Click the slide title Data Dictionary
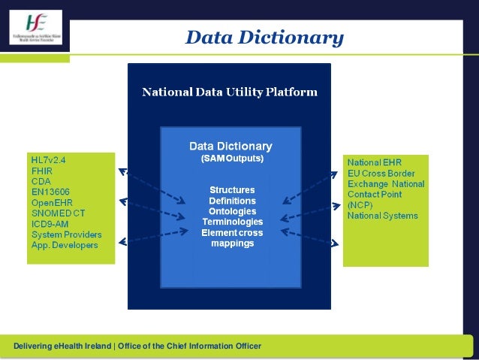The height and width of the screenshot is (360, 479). pyautogui.click(x=264, y=38)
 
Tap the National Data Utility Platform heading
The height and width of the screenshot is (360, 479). pyautogui.click(x=230, y=92)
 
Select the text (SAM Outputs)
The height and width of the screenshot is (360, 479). pyautogui.click(x=231, y=159)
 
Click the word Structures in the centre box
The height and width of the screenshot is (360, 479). pyautogui.click(x=231, y=189)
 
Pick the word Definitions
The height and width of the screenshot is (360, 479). pyautogui.click(x=231, y=201)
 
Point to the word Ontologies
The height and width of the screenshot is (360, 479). pyautogui.click(x=231, y=211)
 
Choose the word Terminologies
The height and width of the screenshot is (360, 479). pyautogui.click(x=231, y=222)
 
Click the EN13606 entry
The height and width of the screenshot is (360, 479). pyautogui.click(x=48, y=192)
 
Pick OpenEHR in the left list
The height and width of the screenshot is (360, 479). pyautogui.click(x=50, y=203)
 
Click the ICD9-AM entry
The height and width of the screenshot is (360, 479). pyautogui.click(x=50, y=224)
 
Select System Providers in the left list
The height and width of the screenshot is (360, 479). pyautogui.click(x=66, y=234)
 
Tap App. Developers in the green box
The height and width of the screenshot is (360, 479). pyautogui.click(x=64, y=245)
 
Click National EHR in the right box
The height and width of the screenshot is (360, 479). pyautogui.click(x=375, y=162)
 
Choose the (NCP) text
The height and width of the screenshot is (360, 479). pyautogui.click(x=360, y=204)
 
